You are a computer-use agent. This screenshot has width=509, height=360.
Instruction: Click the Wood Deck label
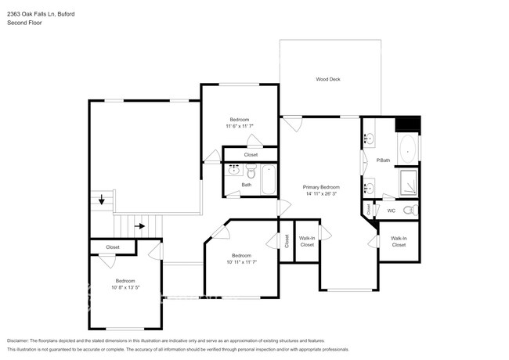[x=327, y=79]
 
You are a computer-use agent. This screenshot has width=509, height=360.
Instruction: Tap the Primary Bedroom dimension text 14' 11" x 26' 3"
[x=322, y=195]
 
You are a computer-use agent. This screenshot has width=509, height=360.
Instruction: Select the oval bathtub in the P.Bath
[x=408, y=149]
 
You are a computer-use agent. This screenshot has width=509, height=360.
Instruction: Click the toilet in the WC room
[x=407, y=210]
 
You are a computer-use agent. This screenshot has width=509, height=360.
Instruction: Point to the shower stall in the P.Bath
[x=409, y=183]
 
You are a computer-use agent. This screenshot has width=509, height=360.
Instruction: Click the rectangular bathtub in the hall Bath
[x=269, y=180]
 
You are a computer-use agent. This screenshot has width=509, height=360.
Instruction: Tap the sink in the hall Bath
[x=233, y=169]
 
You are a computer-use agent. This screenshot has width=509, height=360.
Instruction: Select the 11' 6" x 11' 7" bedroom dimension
[x=239, y=126]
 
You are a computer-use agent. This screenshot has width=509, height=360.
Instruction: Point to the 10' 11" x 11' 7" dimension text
[x=241, y=262]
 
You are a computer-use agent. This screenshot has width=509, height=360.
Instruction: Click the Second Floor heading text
[x=24, y=23]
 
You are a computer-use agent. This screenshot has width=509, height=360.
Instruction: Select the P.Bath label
[x=383, y=160]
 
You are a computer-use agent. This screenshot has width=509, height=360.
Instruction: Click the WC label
[x=391, y=210]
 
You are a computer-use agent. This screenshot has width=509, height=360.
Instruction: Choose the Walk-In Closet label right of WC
[x=399, y=242]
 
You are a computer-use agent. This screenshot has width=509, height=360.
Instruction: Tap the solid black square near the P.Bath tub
[x=408, y=124]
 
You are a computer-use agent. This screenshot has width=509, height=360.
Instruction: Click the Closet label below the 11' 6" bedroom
[x=251, y=155]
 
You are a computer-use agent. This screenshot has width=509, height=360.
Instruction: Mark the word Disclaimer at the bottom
[x=21, y=341]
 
